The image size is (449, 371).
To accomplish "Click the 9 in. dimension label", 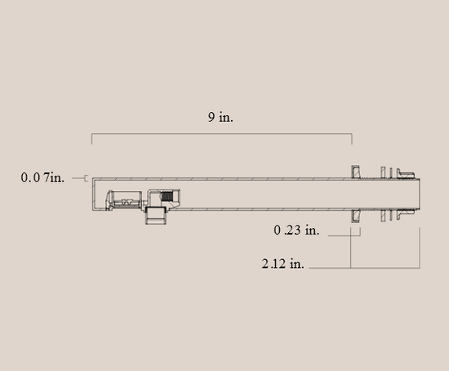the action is coord(220,117).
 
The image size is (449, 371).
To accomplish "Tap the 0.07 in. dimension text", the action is coord(42,177).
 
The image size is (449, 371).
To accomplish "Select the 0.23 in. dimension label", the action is coord(296,230).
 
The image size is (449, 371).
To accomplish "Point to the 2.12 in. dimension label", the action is coord(282,263).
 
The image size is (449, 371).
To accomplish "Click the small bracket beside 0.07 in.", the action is coord(86,178).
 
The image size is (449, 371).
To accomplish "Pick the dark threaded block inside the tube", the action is coord(167,196).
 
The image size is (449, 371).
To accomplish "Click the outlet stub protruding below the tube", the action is coord(156,216).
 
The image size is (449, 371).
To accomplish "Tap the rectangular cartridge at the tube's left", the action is coord(124,199).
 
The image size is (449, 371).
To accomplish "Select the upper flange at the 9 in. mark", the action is coord(355,172).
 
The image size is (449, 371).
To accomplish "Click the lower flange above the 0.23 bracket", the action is coord(355,216).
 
